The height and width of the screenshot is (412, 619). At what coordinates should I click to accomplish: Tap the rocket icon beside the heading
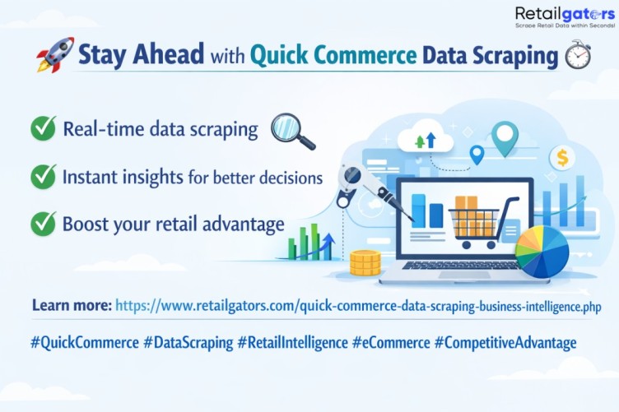[55, 55]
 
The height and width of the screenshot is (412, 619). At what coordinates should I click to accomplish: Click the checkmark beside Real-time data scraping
[43, 128]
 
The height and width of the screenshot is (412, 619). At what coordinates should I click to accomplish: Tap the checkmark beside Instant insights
[43, 176]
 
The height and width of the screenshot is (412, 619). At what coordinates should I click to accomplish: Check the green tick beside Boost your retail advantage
[43, 224]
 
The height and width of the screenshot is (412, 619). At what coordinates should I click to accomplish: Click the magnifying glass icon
[293, 131]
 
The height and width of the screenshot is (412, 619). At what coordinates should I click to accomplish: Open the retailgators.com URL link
[358, 306]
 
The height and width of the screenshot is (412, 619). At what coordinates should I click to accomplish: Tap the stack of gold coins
[365, 262]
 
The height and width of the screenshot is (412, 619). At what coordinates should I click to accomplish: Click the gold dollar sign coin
[562, 157]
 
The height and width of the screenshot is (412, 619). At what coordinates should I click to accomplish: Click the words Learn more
[72, 306]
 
